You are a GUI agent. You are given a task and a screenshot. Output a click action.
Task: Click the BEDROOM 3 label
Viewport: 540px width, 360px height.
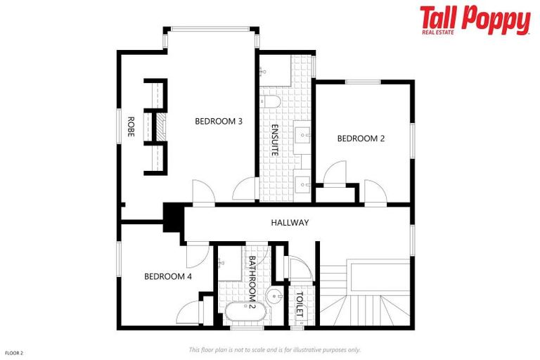[219, 121]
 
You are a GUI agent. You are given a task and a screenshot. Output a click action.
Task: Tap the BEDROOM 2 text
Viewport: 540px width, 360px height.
[361, 139]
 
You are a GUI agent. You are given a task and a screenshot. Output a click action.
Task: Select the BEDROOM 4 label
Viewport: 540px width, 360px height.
[168, 276]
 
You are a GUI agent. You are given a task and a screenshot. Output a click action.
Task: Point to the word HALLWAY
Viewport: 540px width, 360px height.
[290, 223]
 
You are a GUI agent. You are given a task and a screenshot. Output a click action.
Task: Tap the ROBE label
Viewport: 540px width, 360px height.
[131, 126]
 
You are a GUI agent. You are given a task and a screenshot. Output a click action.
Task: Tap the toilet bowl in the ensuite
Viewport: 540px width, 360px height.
[274, 103]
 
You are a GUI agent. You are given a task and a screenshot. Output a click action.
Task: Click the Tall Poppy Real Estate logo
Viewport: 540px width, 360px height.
[475, 21]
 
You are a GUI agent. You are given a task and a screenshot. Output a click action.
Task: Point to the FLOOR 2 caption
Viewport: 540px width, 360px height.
[14, 352]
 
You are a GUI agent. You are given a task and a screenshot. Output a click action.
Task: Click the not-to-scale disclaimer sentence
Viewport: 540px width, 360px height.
[274, 349]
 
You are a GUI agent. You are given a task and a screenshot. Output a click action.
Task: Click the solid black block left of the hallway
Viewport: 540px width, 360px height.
[172, 217]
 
